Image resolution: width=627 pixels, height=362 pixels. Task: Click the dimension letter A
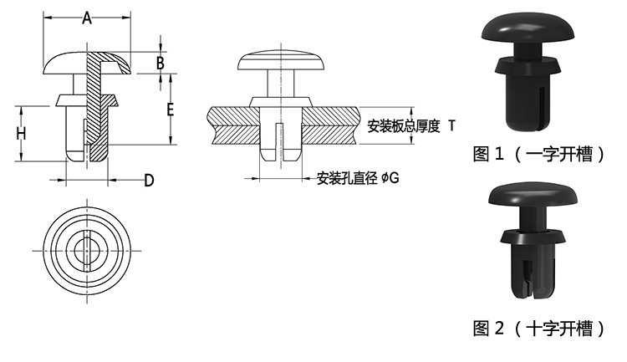coord(87,18)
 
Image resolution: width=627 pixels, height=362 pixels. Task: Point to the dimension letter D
coord(148,180)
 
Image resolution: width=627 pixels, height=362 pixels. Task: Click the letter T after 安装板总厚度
coord(451,125)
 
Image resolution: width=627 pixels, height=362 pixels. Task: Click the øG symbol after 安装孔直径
coord(390,178)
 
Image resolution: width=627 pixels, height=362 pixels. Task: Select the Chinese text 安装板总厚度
coord(403,126)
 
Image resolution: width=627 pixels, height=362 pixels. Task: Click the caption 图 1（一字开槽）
coord(538,154)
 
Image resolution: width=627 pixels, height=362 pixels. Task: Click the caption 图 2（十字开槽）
coord(538,328)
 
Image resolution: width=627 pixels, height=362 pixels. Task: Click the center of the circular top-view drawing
coord(87,248)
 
